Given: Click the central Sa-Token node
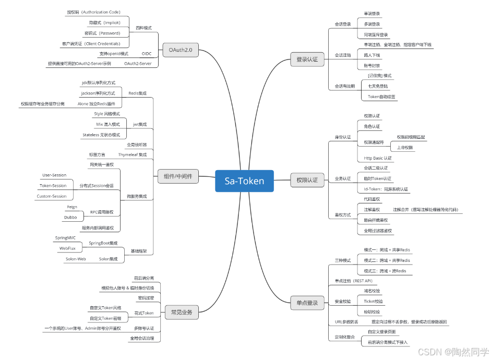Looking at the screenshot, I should (244, 181).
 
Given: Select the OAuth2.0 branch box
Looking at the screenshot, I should (180, 50).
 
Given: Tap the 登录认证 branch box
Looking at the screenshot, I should (307, 59).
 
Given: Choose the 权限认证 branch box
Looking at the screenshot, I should (307, 180).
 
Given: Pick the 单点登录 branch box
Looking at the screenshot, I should (307, 302).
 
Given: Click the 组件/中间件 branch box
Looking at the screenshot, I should (176, 176).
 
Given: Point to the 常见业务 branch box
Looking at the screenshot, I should (182, 313).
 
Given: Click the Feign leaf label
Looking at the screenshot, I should (71, 207).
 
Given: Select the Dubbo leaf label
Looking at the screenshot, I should (70, 217).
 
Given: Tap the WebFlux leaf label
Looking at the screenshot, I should (67, 248).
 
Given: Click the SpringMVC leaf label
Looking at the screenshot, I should (66, 238).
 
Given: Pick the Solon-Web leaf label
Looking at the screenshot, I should (76, 259).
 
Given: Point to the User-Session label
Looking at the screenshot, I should (54, 175).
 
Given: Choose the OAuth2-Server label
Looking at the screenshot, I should (138, 64).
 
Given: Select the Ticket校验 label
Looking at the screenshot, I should (373, 301).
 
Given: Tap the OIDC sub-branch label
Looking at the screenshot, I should (146, 54).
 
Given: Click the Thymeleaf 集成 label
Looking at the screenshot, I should (133, 154).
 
